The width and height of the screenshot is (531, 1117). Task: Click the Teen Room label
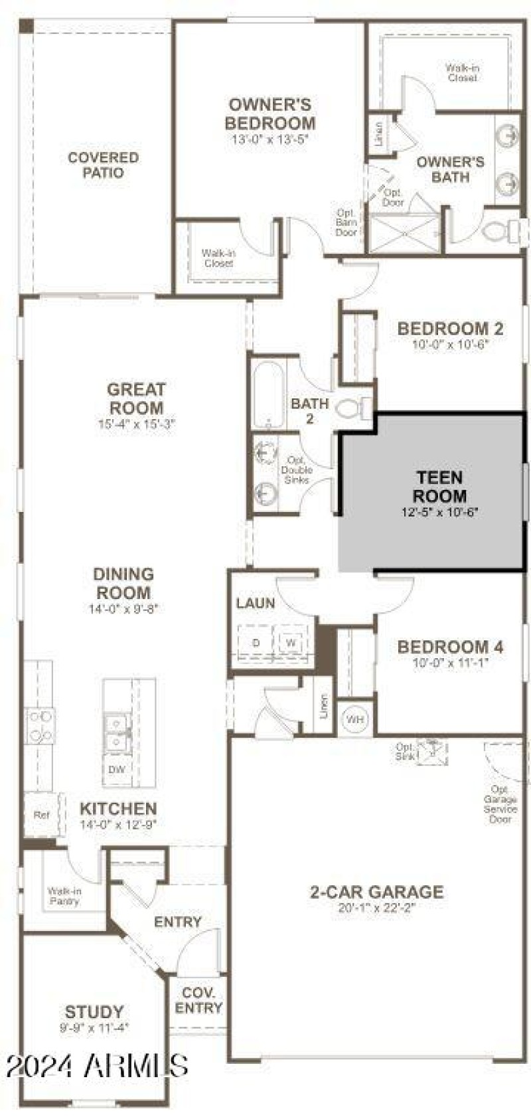tap(439, 487)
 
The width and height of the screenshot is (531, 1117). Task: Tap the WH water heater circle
tap(355, 719)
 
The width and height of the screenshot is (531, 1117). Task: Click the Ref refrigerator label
tap(40, 814)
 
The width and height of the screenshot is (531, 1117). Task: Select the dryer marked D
tap(256, 643)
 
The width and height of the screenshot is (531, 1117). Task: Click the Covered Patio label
tap(104, 165)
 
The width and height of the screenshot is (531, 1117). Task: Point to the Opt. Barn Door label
tap(346, 222)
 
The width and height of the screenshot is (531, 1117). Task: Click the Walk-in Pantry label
tap(64, 896)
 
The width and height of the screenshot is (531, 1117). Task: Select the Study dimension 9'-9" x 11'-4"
tap(94, 1027)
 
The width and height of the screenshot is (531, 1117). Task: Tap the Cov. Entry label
tap(199, 1000)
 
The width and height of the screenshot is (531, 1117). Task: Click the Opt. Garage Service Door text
tap(500, 804)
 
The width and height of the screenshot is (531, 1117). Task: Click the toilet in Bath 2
tap(352, 408)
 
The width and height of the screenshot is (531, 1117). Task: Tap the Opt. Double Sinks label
tap(297, 470)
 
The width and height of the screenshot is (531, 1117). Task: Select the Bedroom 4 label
tap(450, 646)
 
